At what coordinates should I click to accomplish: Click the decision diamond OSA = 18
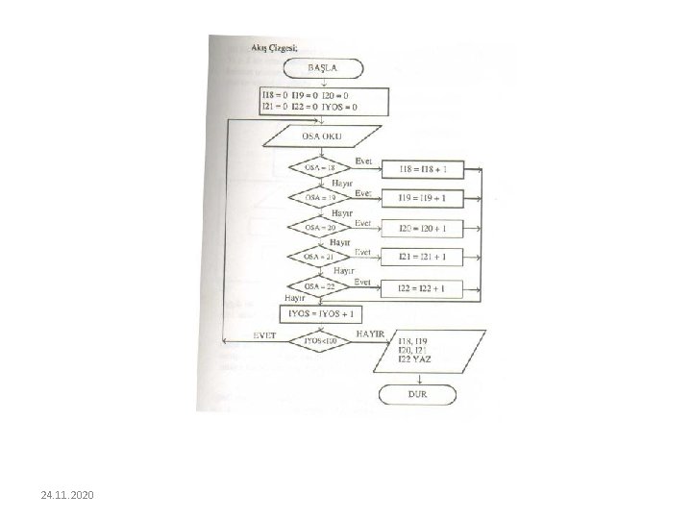click(x=320, y=167)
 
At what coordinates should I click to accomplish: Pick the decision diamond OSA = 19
click(x=320, y=197)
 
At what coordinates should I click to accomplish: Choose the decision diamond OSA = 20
click(x=320, y=227)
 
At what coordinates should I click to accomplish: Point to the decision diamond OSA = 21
click(x=320, y=257)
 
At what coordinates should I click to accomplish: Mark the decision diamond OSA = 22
click(x=320, y=286)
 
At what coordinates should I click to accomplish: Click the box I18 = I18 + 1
click(x=423, y=169)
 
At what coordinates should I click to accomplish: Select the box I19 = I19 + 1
click(x=423, y=199)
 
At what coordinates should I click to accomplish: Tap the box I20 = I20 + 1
click(x=423, y=229)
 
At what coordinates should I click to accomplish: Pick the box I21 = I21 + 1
click(x=423, y=259)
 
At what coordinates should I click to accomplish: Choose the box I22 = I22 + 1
click(x=423, y=288)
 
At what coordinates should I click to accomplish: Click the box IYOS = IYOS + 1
click(x=321, y=314)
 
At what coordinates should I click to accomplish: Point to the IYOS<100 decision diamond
click(x=320, y=340)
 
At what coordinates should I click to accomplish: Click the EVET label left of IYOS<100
click(x=264, y=334)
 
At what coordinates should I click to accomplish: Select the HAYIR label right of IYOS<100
click(x=371, y=333)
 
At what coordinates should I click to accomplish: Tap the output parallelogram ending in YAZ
click(x=424, y=351)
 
